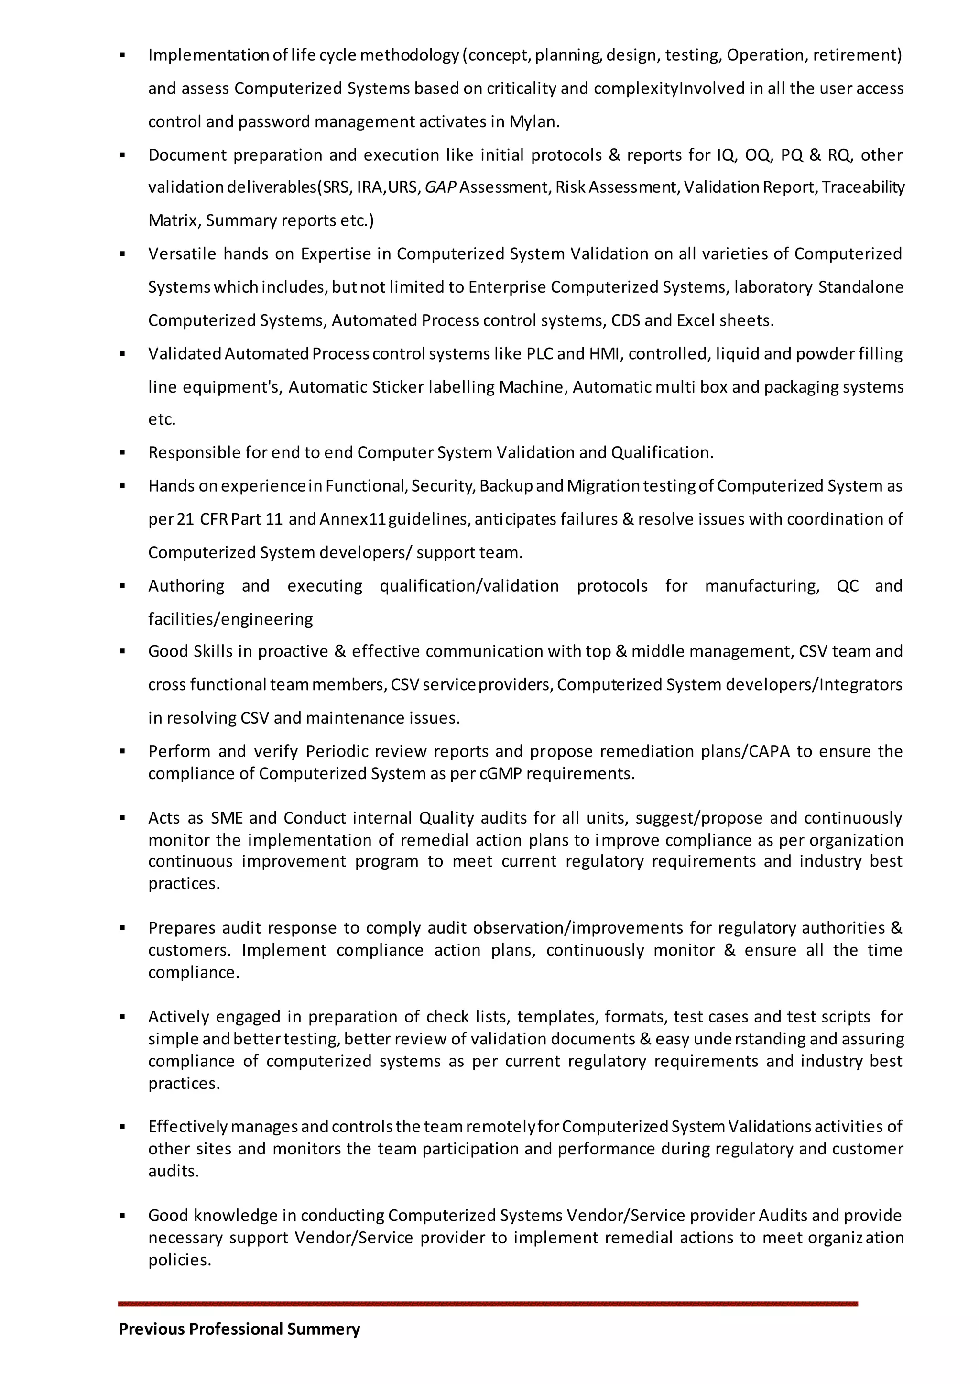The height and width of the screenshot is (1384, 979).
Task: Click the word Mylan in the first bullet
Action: pos(533,122)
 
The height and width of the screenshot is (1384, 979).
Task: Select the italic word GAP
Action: pos(440,187)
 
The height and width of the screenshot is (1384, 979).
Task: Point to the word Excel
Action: pos(696,320)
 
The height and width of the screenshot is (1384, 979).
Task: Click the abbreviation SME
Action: pos(227,818)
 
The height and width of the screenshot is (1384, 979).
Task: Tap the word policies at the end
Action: pos(180,1260)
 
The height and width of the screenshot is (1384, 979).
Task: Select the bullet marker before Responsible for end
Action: pos(122,452)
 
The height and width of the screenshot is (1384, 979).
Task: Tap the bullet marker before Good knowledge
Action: pos(122,1216)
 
